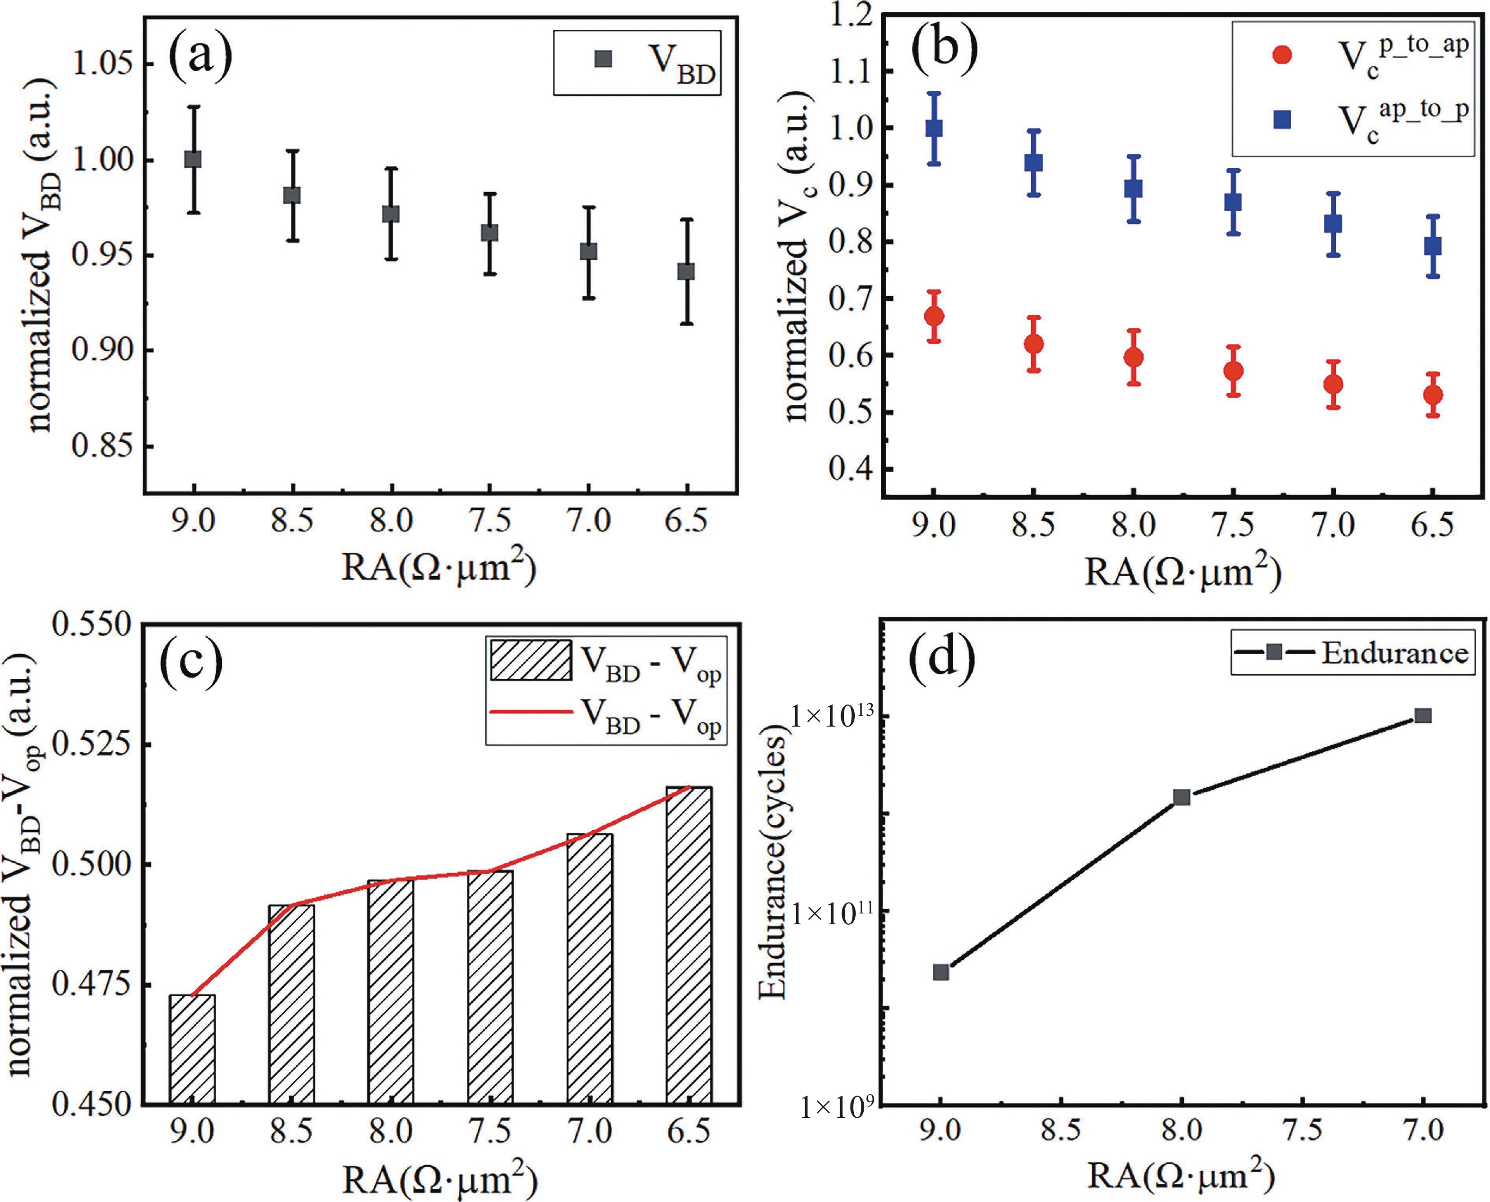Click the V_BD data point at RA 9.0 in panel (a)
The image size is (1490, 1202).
(x=193, y=159)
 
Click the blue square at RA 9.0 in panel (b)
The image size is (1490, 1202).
(x=933, y=128)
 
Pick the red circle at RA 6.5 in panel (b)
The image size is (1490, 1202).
(x=1433, y=395)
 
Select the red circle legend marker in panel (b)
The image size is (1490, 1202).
(x=1282, y=55)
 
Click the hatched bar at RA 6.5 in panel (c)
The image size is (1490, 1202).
(x=688, y=945)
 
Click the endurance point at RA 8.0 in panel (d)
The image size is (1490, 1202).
(x=1181, y=797)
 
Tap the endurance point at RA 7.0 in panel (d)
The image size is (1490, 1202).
(x=1423, y=715)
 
